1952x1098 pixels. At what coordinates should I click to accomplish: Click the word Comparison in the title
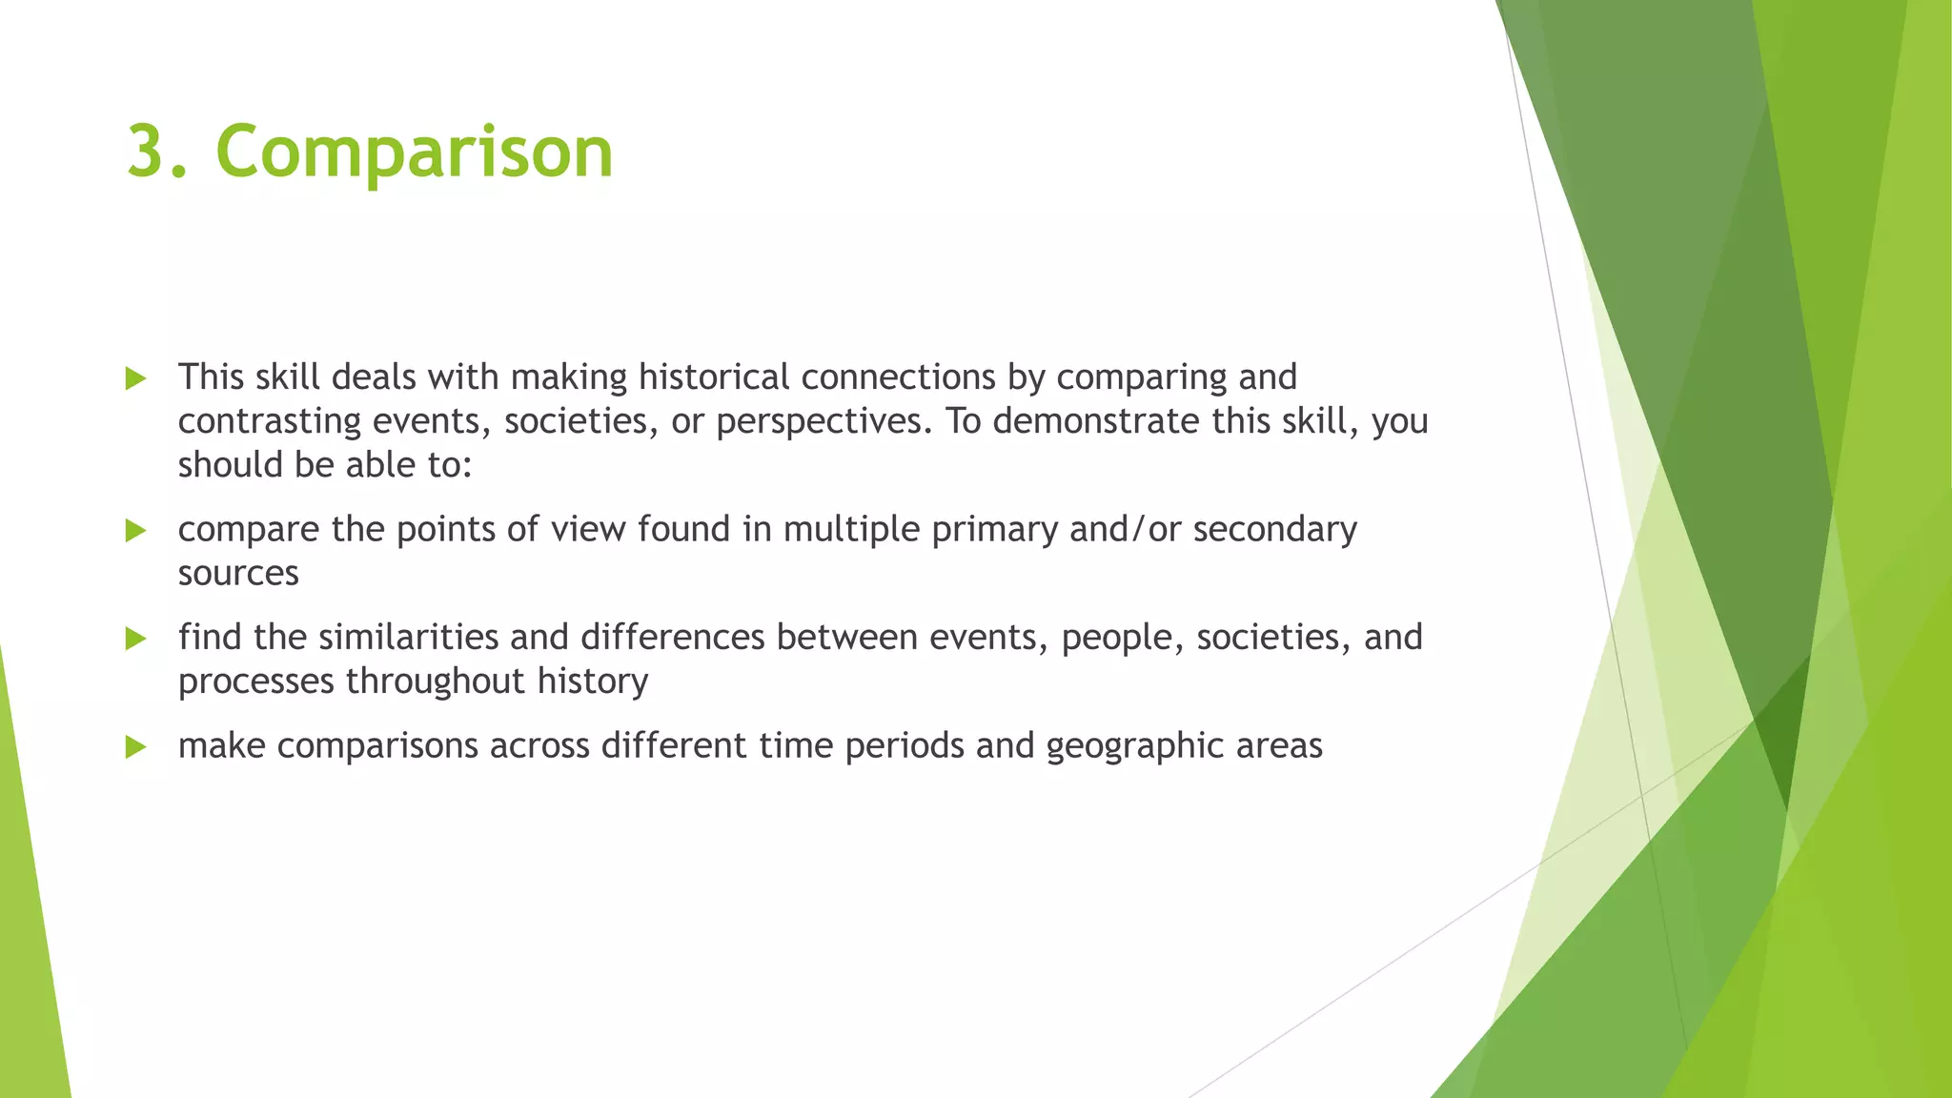[x=414, y=152]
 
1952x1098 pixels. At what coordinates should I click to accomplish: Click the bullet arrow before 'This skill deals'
[x=135, y=379]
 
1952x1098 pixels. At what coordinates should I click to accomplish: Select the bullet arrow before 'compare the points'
[x=135, y=531]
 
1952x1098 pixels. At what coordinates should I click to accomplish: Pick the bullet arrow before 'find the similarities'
[x=135, y=639]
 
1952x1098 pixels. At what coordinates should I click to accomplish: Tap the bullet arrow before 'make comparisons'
[x=135, y=747]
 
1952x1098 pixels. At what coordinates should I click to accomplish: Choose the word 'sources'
[x=238, y=574]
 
